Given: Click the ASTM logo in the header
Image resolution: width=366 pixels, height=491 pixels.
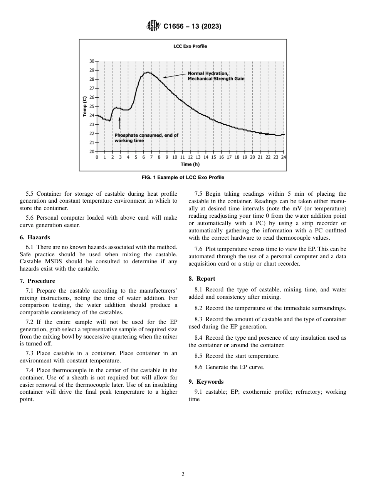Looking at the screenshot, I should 153,26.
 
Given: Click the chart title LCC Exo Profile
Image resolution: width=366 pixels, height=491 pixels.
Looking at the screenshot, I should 190,46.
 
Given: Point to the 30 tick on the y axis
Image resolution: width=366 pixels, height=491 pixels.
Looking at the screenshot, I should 92,61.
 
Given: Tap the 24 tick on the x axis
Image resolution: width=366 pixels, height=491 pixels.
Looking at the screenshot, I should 284,157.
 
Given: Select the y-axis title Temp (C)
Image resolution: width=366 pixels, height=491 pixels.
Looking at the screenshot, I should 84,106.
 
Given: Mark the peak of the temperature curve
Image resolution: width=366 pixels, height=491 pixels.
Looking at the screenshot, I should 146,73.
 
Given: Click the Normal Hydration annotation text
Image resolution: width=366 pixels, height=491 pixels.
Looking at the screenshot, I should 216,76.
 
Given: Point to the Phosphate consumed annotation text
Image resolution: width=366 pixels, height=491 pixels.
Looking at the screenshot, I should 146,138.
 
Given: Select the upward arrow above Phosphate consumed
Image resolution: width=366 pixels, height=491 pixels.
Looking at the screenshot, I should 119,124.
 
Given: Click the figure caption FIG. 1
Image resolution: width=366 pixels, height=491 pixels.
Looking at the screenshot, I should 183,178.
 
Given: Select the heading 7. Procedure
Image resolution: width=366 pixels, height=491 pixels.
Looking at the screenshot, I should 37,281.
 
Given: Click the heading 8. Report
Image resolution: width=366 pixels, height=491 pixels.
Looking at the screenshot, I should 202,279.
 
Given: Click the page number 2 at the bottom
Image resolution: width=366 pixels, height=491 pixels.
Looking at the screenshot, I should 183,474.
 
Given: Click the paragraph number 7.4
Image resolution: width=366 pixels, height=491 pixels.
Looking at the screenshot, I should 30,370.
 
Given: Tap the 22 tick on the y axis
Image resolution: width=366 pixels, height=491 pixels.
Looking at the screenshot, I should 92,134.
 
